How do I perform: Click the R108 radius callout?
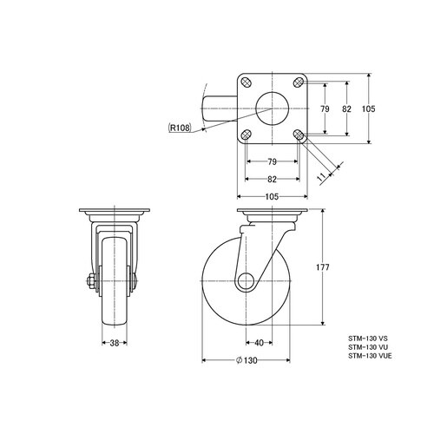point(180,128)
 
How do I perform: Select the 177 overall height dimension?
point(323,267)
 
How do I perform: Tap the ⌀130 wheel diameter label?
point(247,360)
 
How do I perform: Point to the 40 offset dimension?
point(259,343)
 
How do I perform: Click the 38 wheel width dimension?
point(115,343)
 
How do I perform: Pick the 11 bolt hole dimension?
point(322,177)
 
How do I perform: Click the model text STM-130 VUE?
point(370,356)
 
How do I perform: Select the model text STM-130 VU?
point(368,347)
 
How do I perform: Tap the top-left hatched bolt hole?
point(247,82)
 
